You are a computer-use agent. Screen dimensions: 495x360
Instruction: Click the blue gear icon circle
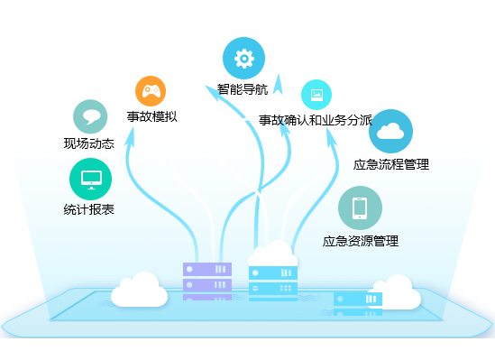[x=243, y=58]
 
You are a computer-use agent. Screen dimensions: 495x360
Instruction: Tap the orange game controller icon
[x=151, y=91]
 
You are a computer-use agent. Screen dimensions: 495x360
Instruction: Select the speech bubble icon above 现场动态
[x=90, y=117]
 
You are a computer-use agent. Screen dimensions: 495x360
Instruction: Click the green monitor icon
[x=90, y=180]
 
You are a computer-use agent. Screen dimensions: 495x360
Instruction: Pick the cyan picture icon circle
[x=316, y=95]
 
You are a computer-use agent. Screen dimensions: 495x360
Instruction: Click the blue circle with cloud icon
[x=390, y=131]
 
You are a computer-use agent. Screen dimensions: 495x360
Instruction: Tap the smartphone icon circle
[x=360, y=208]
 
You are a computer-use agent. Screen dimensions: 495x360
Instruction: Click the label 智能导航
[x=243, y=89]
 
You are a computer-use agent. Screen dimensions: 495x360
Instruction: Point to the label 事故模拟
[x=151, y=116]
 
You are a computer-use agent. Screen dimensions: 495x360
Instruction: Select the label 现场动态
[x=88, y=143]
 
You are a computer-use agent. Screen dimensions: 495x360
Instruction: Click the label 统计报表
[x=88, y=209]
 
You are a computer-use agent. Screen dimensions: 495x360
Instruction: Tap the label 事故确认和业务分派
[x=316, y=120]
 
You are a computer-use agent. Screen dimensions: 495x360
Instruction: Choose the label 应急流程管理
[x=391, y=164]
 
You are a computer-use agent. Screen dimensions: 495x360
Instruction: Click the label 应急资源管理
[x=361, y=241]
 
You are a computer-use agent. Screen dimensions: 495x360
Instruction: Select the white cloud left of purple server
[x=139, y=290]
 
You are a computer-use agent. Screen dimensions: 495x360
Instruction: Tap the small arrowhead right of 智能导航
[x=278, y=84]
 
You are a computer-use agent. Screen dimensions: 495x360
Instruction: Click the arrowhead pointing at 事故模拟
[x=130, y=136]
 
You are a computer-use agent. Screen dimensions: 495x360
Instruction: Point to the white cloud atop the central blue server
[x=272, y=254]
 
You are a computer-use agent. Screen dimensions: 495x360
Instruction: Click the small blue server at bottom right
[x=358, y=303]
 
